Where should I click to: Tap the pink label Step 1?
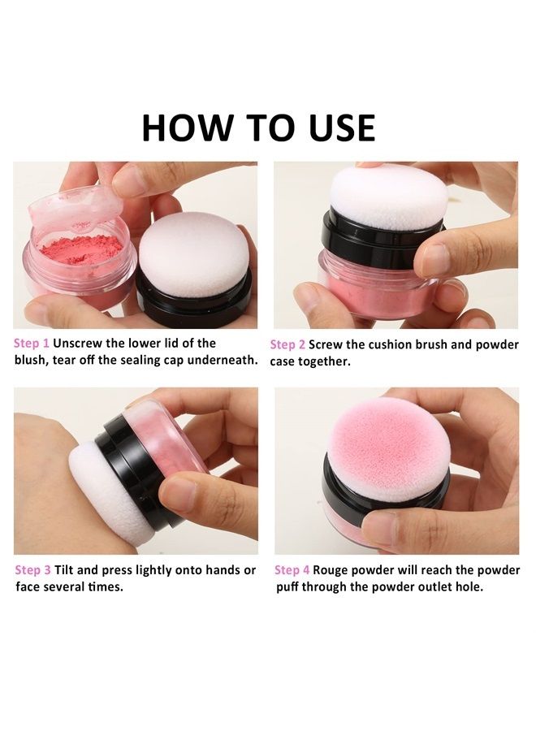32,343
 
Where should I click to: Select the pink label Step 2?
287,344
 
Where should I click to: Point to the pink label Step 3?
33,570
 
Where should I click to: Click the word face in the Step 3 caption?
31,586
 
